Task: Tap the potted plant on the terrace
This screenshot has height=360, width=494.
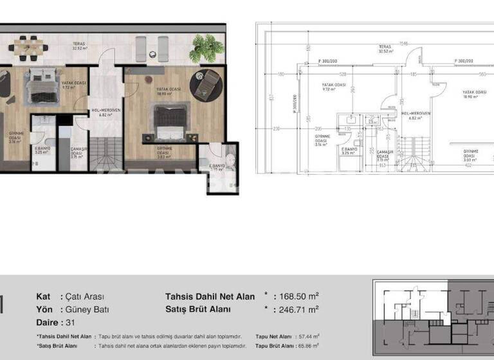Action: (207, 47)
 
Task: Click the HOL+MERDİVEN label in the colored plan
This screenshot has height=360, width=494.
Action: (105, 112)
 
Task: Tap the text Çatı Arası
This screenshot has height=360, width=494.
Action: (85, 296)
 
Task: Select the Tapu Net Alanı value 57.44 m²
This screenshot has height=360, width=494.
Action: (306, 336)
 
